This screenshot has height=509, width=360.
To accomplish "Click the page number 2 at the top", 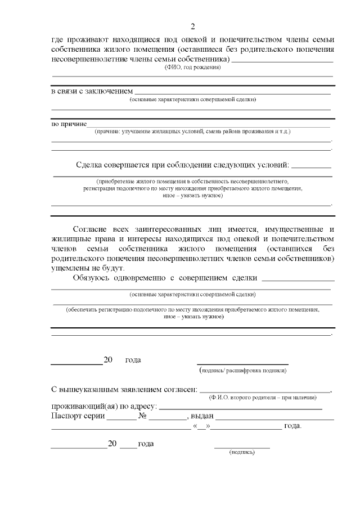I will [192, 26].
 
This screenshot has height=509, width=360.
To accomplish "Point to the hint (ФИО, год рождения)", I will [192, 67].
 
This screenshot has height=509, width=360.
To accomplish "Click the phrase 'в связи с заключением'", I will [92, 91].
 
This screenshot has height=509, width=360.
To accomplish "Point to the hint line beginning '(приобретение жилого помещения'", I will [192, 182].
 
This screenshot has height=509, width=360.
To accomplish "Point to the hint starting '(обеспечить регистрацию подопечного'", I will [192, 309].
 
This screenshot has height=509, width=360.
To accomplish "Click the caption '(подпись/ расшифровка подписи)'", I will [243, 371].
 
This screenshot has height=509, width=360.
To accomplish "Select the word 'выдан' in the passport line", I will [202, 416].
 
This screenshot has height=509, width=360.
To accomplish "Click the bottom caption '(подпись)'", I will [242, 452].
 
